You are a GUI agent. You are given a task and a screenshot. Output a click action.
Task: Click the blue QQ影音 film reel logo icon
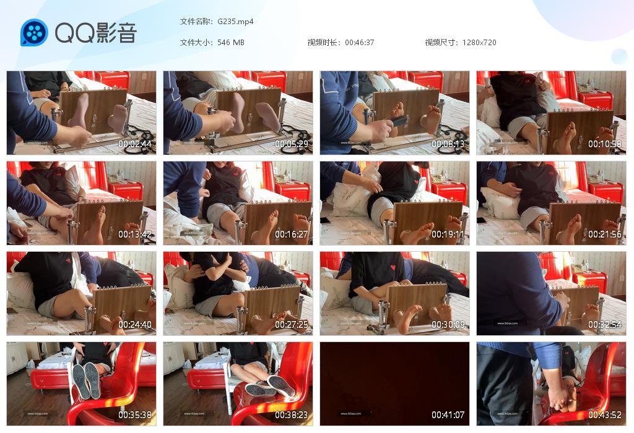pyautogui.click(x=34, y=33)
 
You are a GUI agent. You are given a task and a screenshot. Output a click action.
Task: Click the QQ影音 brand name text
pyautogui.click(x=95, y=33)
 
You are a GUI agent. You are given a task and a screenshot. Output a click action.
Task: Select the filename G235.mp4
pyautogui.click(x=235, y=21)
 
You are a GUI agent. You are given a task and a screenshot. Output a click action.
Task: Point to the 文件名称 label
pyautogui.click(x=196, y=21)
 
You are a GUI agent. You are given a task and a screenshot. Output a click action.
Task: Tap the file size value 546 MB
pyautogui.click(x=231, y=42)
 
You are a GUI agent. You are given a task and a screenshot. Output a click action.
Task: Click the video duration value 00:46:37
pyautogui.click(x=359, y=42)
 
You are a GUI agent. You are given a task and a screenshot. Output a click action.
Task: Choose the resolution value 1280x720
pyautogui.click(x=479, y=42)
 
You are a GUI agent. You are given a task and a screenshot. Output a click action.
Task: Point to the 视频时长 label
pyautogui.click(x=324, y=42)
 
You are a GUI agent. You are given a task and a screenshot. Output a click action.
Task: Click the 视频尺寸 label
pyautogui.click(x=441, y=42)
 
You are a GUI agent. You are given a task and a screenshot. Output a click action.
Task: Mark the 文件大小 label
pyautogui.click(x=196, y=42)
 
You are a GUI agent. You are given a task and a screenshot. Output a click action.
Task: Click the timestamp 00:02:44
pyautogui.click(x=135, y=144)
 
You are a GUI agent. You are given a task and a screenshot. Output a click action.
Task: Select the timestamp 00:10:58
pyautogui.click(x=605, y=144)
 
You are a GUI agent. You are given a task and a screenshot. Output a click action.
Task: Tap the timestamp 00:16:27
pyautogui.click(x=292, y=234)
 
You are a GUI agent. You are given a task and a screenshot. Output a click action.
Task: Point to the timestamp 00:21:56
pyautogui.click(x=605, y=234)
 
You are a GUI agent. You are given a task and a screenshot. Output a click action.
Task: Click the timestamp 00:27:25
pyautogui.click(x=292, y=325)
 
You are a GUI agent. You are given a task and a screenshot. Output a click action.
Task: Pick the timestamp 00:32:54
pyautogui.click(x=605, y=325)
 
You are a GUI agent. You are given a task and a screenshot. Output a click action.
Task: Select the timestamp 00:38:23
pyautogui.click(x=292, y=415)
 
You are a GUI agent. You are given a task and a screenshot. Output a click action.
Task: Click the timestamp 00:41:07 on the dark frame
pyautogui.click(x=448, y=415)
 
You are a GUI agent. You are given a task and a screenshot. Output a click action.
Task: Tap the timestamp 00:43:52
pyautogui.click(x=605, y=415)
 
